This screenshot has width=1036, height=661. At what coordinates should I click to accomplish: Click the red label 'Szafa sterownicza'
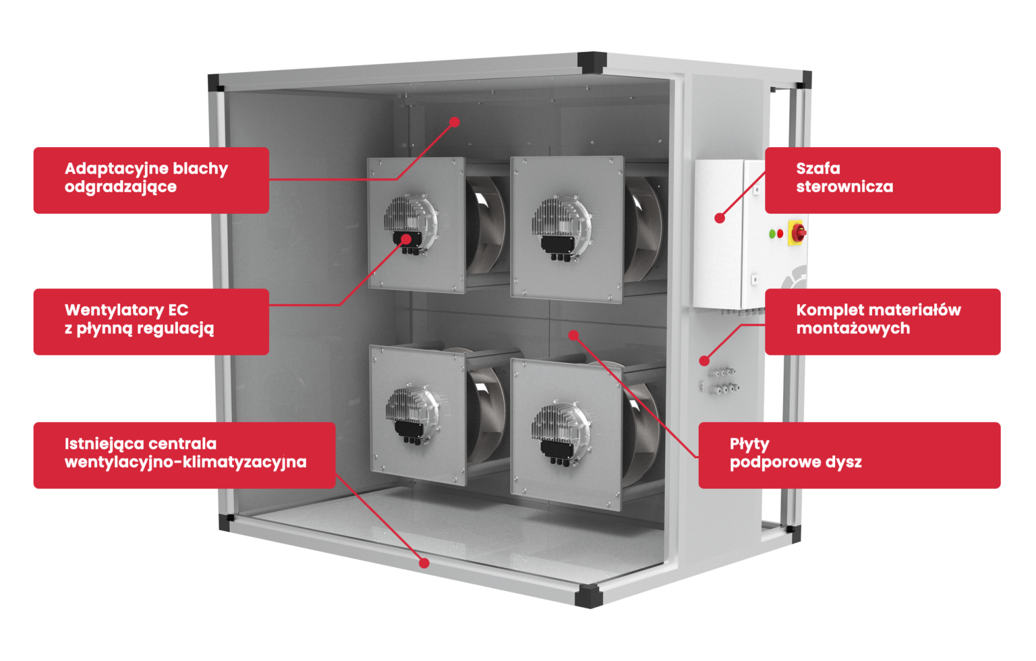[x=882, y=180]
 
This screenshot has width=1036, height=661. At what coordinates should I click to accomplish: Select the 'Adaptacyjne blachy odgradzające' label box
[x=151, y=180]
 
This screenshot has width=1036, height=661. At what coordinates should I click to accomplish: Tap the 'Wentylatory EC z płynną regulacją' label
[x=151, y=322]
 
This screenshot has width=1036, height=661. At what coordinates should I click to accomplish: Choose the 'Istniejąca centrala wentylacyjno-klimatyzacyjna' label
[x=185, y=455]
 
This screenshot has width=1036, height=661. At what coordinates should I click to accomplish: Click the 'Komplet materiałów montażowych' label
[x=882, y=322]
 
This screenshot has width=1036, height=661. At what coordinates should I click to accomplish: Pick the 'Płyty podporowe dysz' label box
[x=850, y=455]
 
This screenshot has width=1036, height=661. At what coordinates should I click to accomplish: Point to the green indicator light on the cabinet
[x=772, y=234]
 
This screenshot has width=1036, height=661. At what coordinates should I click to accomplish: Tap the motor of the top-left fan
[x=411, y=225]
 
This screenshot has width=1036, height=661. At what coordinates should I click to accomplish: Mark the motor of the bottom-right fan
[x=560, y=432]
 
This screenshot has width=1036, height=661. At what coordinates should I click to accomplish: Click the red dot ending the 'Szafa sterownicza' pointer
[x=720, y=218]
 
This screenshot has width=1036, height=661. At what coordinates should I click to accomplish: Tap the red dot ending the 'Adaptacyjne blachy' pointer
[x=455, y=122]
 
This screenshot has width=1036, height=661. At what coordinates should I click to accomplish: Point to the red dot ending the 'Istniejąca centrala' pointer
[x=424, y=563]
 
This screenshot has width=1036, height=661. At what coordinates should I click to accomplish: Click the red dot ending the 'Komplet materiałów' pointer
[x=704, y=360]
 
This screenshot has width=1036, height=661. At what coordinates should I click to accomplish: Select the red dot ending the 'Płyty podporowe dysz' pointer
[x=573, y=335]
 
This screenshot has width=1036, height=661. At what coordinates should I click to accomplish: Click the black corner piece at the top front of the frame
[x=592, y=63]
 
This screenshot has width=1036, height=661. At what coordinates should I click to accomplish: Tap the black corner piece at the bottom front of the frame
[x=588, y=596]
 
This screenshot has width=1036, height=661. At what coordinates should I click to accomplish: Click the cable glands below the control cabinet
[x=720, y=380]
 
